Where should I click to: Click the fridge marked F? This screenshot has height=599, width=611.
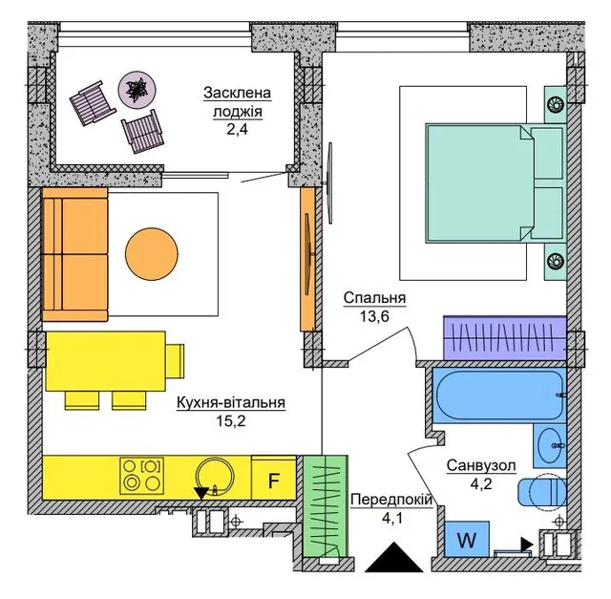pyautogui.click(x=274, y=478)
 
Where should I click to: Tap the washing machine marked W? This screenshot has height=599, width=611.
pyautogui.click(x=467, y=539)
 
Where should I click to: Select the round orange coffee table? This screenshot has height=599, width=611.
pyautogui.click(x=152, y=254)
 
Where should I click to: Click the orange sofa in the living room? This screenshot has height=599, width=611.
pyautogui.click(x=74, y=254)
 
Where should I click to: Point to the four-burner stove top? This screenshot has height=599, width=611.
pyautogui.click(x=142, y=476)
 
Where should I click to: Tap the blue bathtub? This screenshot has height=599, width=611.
pyautogui.click(x=499, y=395)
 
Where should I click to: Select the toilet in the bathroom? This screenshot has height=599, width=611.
pyautogui.click(x=542, y=492)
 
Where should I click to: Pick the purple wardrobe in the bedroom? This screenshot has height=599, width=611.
pyautogui.click(x=505, y=338)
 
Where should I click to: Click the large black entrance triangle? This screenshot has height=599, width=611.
pyautogui.click(x=394, y=557)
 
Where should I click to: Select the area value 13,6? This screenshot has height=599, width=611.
pyautogui.click(x=374, y=316)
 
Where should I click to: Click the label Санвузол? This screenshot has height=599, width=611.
pyautogui.click(x=481, y=465)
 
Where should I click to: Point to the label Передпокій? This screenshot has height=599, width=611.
pyautogui.click(x=391, y=500)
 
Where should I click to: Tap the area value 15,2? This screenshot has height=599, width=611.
pyautogui.click(x=231, y=420)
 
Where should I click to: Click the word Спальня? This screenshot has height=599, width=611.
pyautogui.click(x=374, y=298)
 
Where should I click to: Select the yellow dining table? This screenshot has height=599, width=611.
pyautogui.click(x=106, y=361)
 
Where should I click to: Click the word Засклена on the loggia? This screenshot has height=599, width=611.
pyautogui.click(x=237, y=94)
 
